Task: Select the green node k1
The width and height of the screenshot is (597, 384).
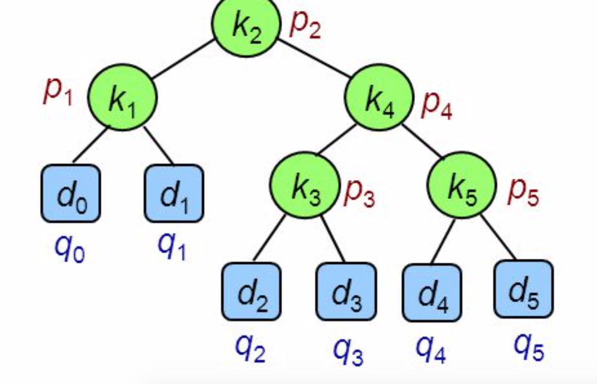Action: [122, 98]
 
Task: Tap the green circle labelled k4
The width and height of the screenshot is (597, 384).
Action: [379, 98]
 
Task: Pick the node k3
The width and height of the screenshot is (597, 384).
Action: [304, 185]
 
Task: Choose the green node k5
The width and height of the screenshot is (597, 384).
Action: [462, 185]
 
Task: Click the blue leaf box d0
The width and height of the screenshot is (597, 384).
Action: [71, 194]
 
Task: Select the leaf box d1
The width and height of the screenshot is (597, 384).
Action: [174, 194]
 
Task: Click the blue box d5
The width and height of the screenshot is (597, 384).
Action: [523, 289]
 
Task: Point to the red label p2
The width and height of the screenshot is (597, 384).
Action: [305, 26]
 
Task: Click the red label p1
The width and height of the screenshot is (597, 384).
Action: [58, 92]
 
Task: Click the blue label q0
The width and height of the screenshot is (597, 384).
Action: [70, 249]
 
